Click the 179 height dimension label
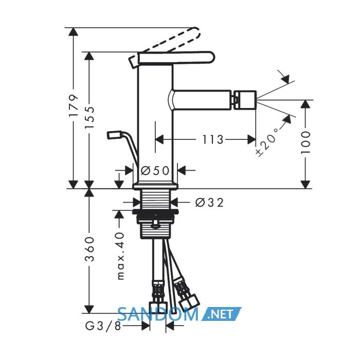(x=74, y=105)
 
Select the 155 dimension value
(x=89, y=118)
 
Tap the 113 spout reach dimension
(x=212, y=139)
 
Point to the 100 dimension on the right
(x=305, y=142)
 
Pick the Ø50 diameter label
(x=155, y=171)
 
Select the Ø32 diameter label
(x=209, y=203)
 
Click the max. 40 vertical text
(x=120, y=256)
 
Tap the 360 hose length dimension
(x=89, y=249)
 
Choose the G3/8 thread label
(x=103, y=326)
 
